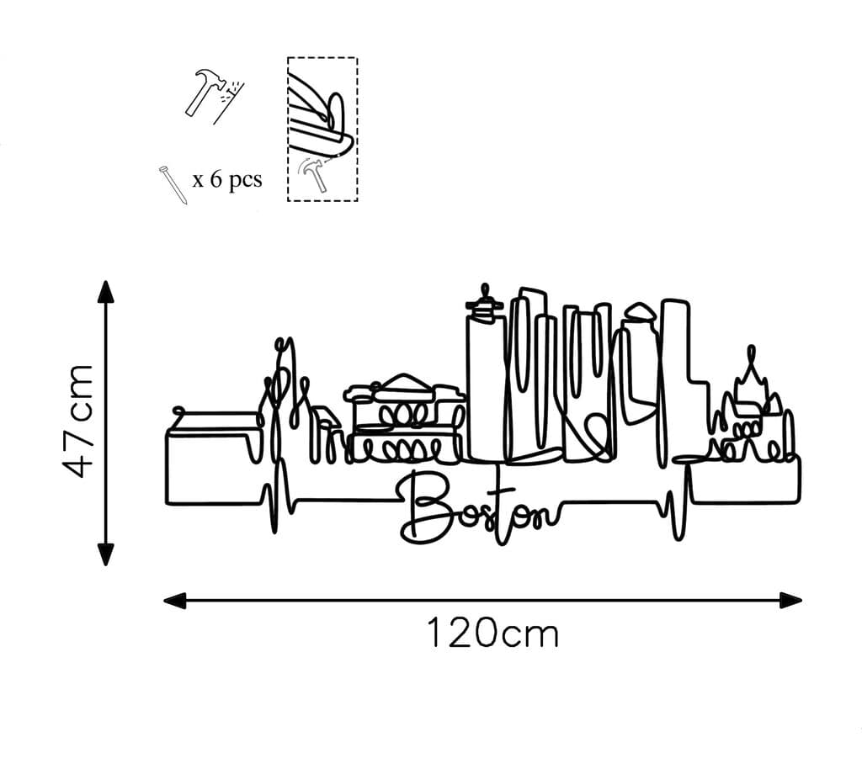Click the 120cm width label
tap(492, 633)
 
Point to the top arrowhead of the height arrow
tap(105, 291)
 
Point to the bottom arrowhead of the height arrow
tap(105, 554)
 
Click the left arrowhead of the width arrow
tap(174, 600)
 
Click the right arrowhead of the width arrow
tap(790, 600)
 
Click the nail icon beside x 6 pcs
tap(172, 184)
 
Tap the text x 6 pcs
tap(226, 179)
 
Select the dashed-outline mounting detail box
tap(322, 129)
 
